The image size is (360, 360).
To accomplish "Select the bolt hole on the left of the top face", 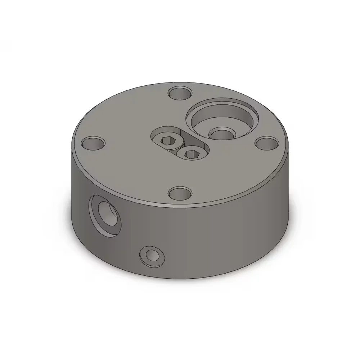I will pos(93,143).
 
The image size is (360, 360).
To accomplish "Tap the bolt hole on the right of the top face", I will pos(267,143).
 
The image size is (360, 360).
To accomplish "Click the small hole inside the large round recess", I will pos(222,135).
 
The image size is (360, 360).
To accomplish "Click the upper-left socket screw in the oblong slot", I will pos(167,141).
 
